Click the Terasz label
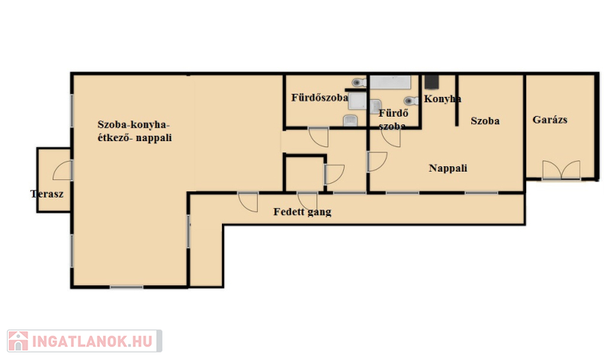(47, 194)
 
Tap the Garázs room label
(550, 120)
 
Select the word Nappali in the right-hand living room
(448, 168)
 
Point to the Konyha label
(442, 99)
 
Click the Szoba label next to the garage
(485, 121)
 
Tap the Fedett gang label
(302, 212)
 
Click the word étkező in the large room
(114, 137)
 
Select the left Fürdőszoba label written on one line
(319, 98)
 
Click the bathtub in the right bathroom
(390, 82)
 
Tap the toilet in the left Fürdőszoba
(358, 82)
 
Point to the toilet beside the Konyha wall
(411, 101)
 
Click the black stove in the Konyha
(432, 82)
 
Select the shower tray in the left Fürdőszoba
(357, 101)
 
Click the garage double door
(561, 170)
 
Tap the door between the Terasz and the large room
(63, 170)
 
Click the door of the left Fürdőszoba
(319, 137)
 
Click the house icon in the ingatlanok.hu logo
(18, 341)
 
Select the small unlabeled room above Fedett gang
(304, 174)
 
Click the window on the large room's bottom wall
(127, 288)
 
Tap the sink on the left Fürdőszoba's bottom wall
(351, 121)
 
